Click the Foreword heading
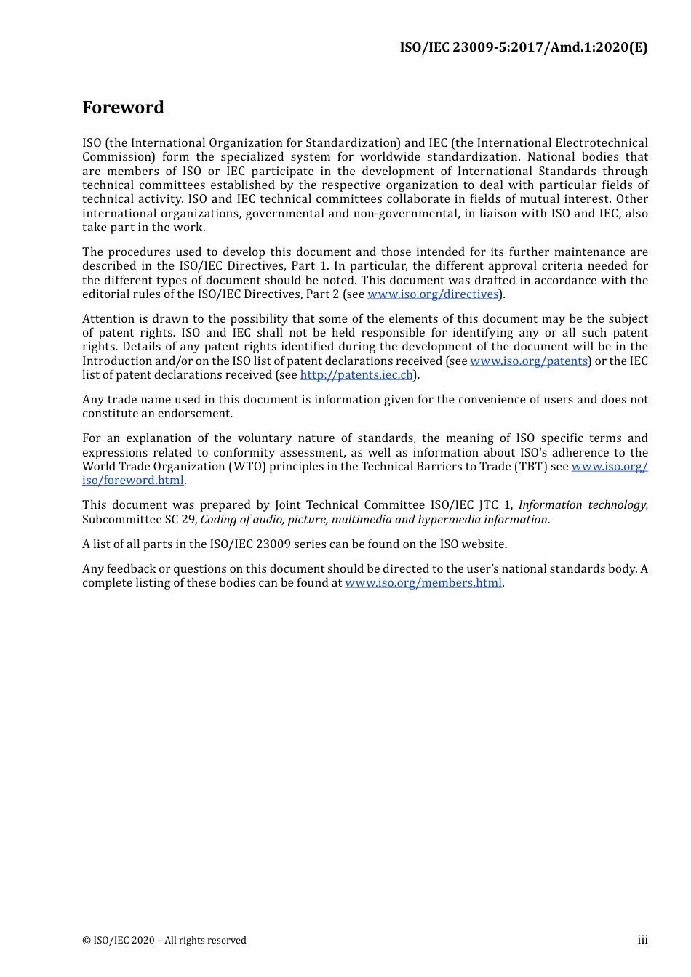tap(123, 108)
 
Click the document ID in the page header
tap(523, 47)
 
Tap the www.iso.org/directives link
tap(433, 294)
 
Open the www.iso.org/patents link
tap(529, 361)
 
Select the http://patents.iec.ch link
tap(356, 375)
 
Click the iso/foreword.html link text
tap(133, 481)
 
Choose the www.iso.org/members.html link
tap(423, 583)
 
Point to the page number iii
tap(642, 940)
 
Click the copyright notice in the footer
tap(164, 941)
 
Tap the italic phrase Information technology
tap(582, 505)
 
